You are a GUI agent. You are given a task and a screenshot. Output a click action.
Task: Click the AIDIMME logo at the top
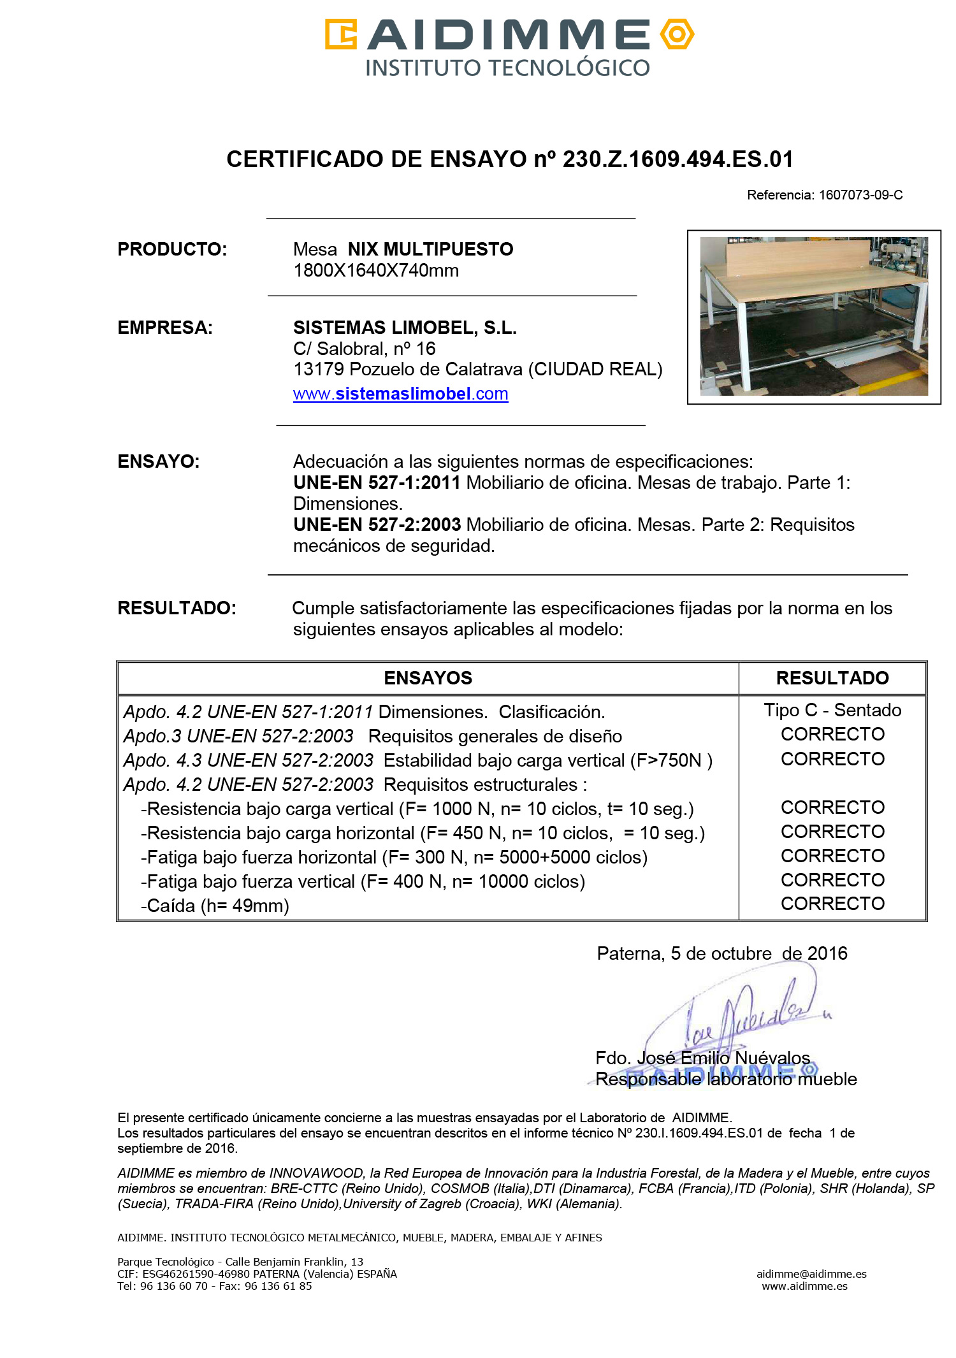509,47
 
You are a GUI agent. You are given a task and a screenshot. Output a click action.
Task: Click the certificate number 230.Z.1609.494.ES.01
678,159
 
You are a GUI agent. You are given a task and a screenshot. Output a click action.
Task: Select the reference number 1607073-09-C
860,195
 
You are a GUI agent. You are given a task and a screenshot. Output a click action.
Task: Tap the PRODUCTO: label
172,249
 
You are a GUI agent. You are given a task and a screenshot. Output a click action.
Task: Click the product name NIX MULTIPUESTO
430,249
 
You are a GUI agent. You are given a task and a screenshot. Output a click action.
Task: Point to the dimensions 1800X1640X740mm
376,270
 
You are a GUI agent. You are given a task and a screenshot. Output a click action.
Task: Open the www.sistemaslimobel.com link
400,394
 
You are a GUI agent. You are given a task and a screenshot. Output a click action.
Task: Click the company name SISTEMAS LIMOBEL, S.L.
405,328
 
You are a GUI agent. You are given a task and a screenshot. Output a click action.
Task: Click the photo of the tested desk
814,317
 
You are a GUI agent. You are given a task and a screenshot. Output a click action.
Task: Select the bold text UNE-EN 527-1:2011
377,482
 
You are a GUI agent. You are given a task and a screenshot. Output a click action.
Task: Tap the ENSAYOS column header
428,678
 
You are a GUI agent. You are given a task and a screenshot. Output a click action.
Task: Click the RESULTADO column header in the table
832,678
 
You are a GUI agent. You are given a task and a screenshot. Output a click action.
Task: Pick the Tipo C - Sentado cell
832,710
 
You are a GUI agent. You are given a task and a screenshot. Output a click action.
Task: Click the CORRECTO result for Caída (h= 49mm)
832,904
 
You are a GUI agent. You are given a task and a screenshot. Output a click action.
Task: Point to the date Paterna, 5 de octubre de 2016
722,953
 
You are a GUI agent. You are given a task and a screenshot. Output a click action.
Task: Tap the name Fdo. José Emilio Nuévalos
702,1058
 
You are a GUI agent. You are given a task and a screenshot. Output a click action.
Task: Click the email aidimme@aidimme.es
811,1274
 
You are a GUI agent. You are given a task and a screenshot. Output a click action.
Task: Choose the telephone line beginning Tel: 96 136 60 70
214,1286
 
